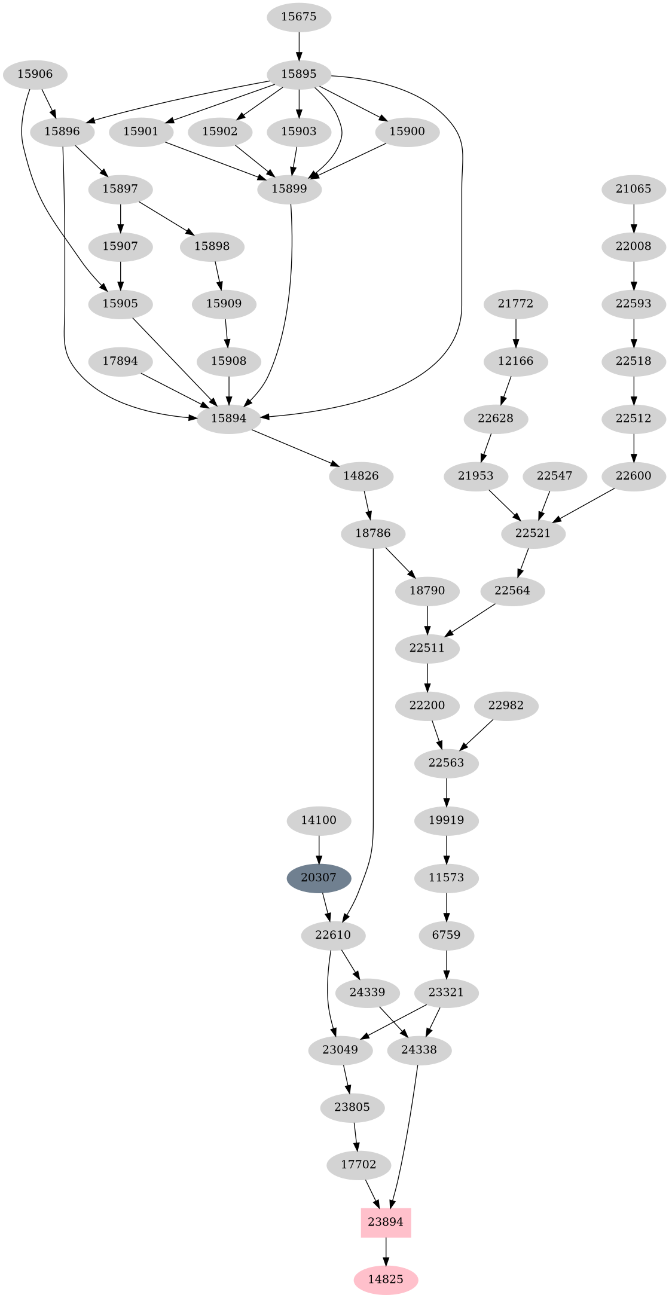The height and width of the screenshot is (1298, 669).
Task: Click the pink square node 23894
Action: click(386, 1222)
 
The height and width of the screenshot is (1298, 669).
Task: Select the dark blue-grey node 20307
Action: click(319, 878)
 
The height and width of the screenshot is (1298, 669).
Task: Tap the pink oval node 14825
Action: click(386, 1279)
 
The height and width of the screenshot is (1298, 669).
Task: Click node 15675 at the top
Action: click(299, 17)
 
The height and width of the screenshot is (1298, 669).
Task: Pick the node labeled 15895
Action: click(299, 75)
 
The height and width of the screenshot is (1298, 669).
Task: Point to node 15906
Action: click(35, 75)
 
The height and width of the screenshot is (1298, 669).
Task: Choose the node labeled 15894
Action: click(229, 419)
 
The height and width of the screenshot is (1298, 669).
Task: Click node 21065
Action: click(634, 189)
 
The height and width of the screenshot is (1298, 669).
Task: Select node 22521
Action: click(533, 533)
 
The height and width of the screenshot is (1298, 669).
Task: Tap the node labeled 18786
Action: click(373, 533)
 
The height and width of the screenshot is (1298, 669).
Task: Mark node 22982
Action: click(506, 705)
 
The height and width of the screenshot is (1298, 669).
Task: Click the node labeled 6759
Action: click(447, 935)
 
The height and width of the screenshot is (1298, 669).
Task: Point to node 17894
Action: click(120, 361)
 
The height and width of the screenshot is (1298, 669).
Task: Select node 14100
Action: click(319, 820)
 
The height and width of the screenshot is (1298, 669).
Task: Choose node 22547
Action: click(555, 476)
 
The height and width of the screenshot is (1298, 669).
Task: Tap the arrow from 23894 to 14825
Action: click(386, 1251)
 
